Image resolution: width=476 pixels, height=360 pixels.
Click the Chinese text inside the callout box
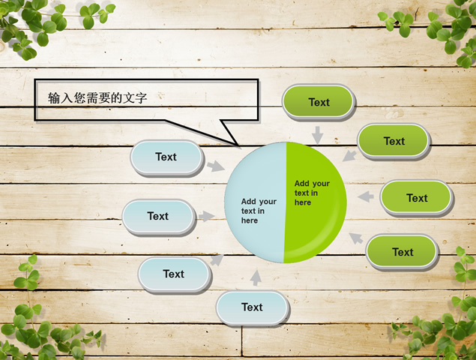(x=97, y=97)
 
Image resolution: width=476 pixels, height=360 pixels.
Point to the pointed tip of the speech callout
(x=238, y=145)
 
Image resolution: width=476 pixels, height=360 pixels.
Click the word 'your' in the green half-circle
(x=321, y=184)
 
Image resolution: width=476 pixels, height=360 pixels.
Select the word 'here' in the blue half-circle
(x=250, y=220)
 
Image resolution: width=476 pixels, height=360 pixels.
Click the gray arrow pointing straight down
(x=318, y=135)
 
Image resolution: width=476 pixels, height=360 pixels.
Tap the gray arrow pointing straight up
(x=256, y=277)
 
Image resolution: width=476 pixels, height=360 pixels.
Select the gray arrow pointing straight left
(x=366, y=196)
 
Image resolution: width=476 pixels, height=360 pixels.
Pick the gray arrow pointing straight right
(x=206, y=216)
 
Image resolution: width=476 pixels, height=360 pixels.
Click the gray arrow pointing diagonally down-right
(x=216, y=166)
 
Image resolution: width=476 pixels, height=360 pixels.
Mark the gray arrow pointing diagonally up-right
(x=217, y=260)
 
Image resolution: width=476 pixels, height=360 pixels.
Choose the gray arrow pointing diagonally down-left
(x=349, y=156)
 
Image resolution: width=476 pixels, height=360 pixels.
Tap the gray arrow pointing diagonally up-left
(x=356, y=238)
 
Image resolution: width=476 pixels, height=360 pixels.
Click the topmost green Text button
(x=318, y=102)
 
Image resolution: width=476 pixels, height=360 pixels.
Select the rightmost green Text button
(x=417, y=198)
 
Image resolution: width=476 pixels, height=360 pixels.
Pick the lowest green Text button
(x=403, y=252)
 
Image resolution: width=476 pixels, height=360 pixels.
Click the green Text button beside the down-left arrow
(x=394, y=141)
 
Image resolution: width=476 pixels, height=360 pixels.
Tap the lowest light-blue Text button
(x=253, y=307)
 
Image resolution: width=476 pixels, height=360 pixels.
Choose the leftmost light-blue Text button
(x=158, y=217)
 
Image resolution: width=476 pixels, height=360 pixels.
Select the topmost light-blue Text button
(x=166, y=157)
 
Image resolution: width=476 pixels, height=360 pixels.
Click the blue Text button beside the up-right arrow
(x=174, y=274)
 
